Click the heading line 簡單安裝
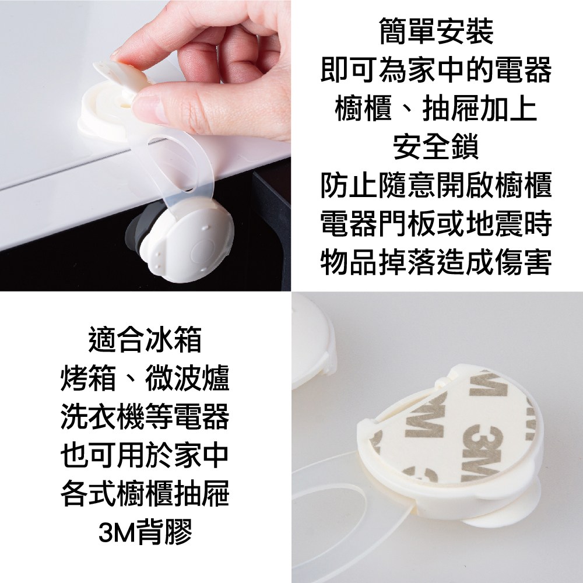[437, 31]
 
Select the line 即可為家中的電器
[436, 70]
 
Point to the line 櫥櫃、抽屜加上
[436, 108]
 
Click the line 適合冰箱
[145, 339]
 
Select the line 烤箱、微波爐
[145, 378]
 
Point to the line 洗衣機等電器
[145, 416]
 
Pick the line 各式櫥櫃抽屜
[145, 493]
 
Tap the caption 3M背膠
[145, 532]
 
